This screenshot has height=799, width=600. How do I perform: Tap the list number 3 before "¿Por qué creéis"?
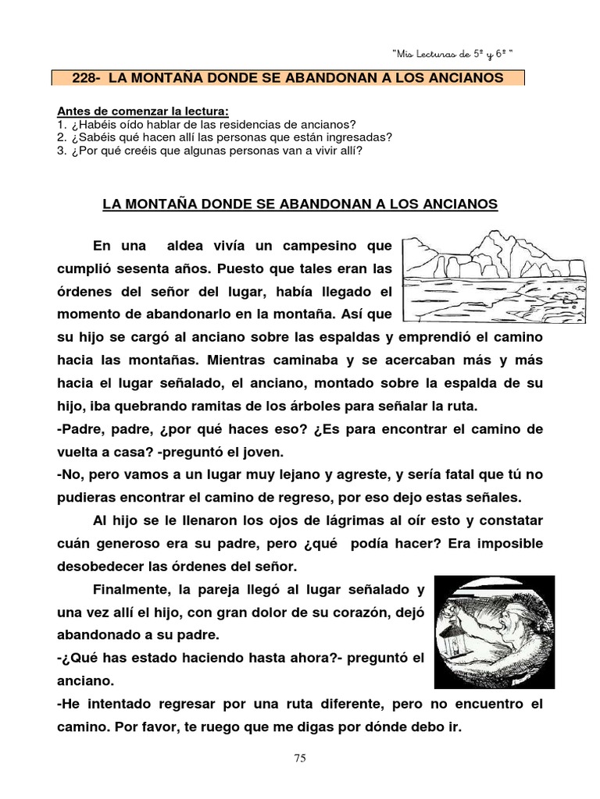coord(61,149)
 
